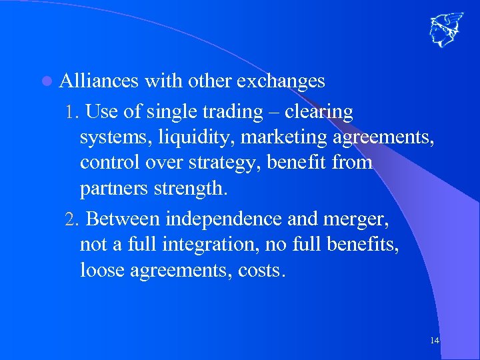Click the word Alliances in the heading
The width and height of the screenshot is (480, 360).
click(x=99, y=81)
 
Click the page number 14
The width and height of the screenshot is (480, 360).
click(x=435, y=341)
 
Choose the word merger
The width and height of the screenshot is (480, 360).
click(x=356, y=219)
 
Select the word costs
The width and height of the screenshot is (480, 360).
click(x=261, y=271)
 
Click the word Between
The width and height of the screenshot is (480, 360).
click(x=124, y=219)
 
